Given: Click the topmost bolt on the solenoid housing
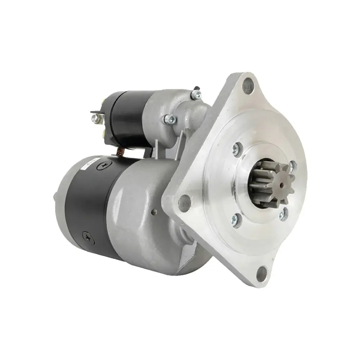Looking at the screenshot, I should coord(196,94).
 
